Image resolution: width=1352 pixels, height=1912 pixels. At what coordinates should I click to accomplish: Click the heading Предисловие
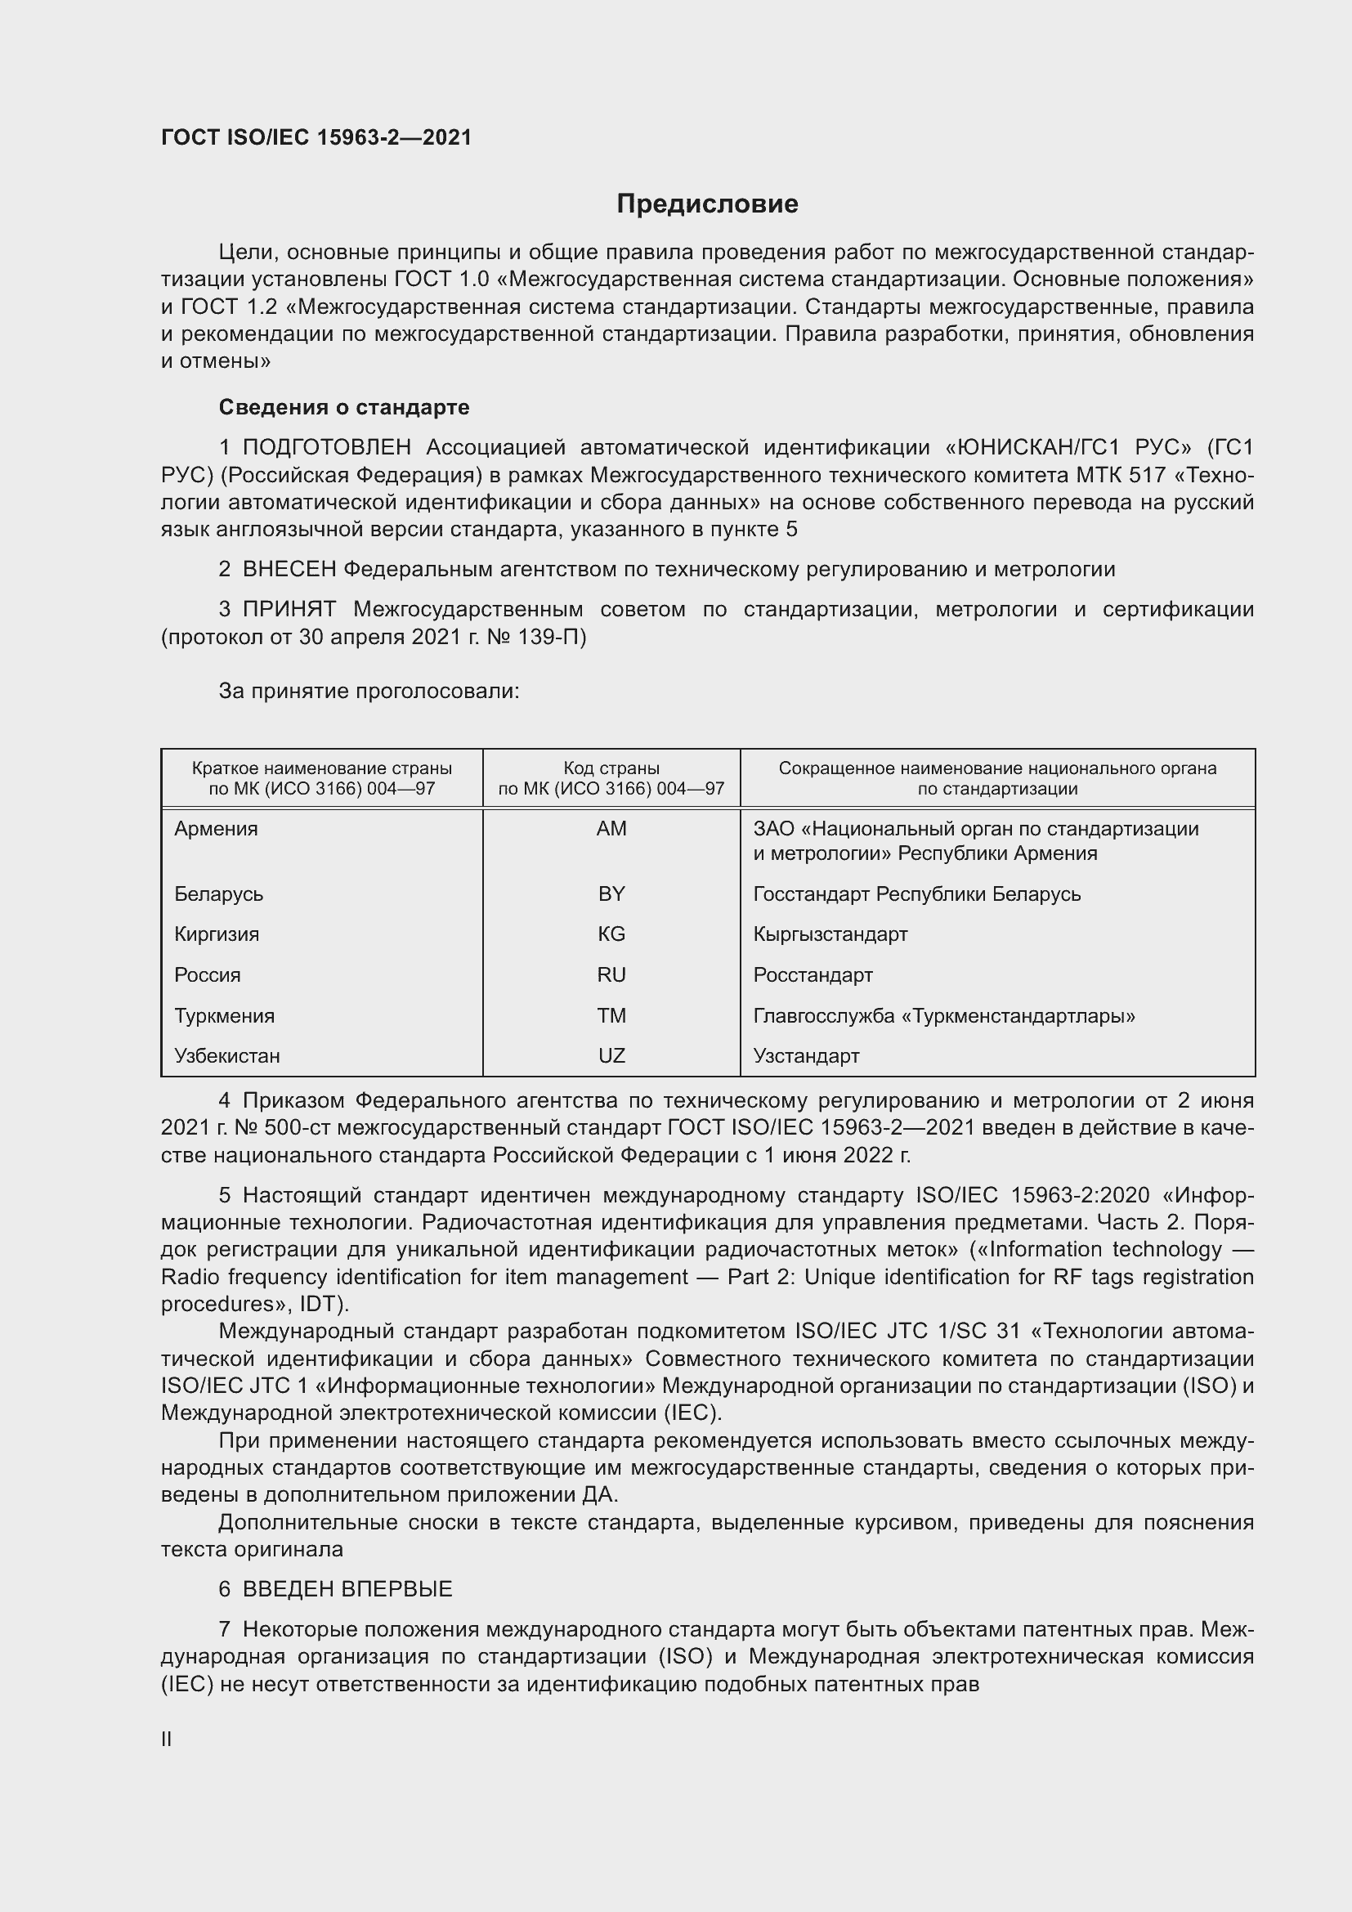pos(707,204)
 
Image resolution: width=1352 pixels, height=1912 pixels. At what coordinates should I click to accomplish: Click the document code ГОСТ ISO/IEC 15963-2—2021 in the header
pos(316,137)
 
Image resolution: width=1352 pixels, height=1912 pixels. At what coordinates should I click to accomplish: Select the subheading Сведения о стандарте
pos(344,407)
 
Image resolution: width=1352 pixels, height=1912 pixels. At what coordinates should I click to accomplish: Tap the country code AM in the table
pos(611,829)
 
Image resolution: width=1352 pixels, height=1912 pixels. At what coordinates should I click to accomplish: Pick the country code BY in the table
pos(611,893)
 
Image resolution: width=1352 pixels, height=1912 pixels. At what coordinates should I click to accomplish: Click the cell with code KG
pos(611,934)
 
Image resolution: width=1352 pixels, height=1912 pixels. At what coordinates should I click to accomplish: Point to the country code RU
pos(611,974)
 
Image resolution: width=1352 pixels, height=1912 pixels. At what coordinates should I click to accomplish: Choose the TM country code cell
pos(611,1015)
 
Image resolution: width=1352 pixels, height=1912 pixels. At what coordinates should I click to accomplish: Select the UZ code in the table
pos(611,1055)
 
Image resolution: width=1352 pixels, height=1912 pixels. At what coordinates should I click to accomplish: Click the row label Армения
pos(217,829)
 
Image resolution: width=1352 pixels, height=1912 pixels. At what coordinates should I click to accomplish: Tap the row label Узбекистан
pos(227,1055)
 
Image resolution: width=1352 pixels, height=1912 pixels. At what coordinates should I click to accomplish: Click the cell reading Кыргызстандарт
pos(830,934)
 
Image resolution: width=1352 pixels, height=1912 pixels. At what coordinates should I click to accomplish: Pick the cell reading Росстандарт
pos(813,974)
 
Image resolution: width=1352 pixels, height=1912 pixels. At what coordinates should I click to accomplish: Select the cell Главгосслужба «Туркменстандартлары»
pos(944,1015)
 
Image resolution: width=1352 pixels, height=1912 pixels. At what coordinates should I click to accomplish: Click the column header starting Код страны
pos(611,777)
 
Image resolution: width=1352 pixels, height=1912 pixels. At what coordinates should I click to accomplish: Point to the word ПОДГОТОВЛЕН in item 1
pos(327,448)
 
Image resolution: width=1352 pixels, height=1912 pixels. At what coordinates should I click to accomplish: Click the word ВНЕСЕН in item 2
pos(289,570)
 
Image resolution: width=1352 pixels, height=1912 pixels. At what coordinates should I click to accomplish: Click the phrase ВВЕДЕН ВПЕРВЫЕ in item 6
pos(347,1589)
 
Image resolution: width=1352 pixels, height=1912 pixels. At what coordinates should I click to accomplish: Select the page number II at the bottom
pos(167,1739)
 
